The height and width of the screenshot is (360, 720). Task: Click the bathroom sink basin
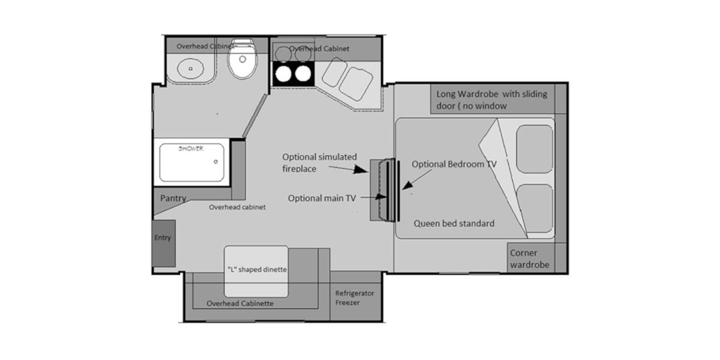tap(191, 68)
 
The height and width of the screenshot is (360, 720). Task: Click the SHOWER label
tap(191, 149)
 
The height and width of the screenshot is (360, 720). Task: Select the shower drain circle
tap(215, 161)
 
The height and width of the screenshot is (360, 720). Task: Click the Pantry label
tap(173, 198)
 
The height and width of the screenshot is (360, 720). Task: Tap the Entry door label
tap(163, 238)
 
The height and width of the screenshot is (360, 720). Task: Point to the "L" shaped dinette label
tap(257, 269)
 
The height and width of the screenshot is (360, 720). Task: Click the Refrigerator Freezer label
tap(355, 298)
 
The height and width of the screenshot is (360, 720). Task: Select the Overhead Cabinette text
tap(240, 304)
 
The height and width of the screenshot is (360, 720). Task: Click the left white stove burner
tap(283, 74)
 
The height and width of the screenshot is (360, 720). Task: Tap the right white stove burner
tap(303, 74)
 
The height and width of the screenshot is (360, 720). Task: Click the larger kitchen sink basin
tap(356, 84)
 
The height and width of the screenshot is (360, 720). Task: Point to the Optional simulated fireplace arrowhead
tap(361, 169)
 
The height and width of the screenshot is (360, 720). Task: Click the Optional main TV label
tap(322, 199)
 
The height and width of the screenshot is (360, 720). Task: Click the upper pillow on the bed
tap(535, 149)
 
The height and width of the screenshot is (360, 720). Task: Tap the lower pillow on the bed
tap(535, 208)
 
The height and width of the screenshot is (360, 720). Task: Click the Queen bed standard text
tap(454, 223)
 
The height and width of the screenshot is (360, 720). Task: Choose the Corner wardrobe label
tap(530, 259)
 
